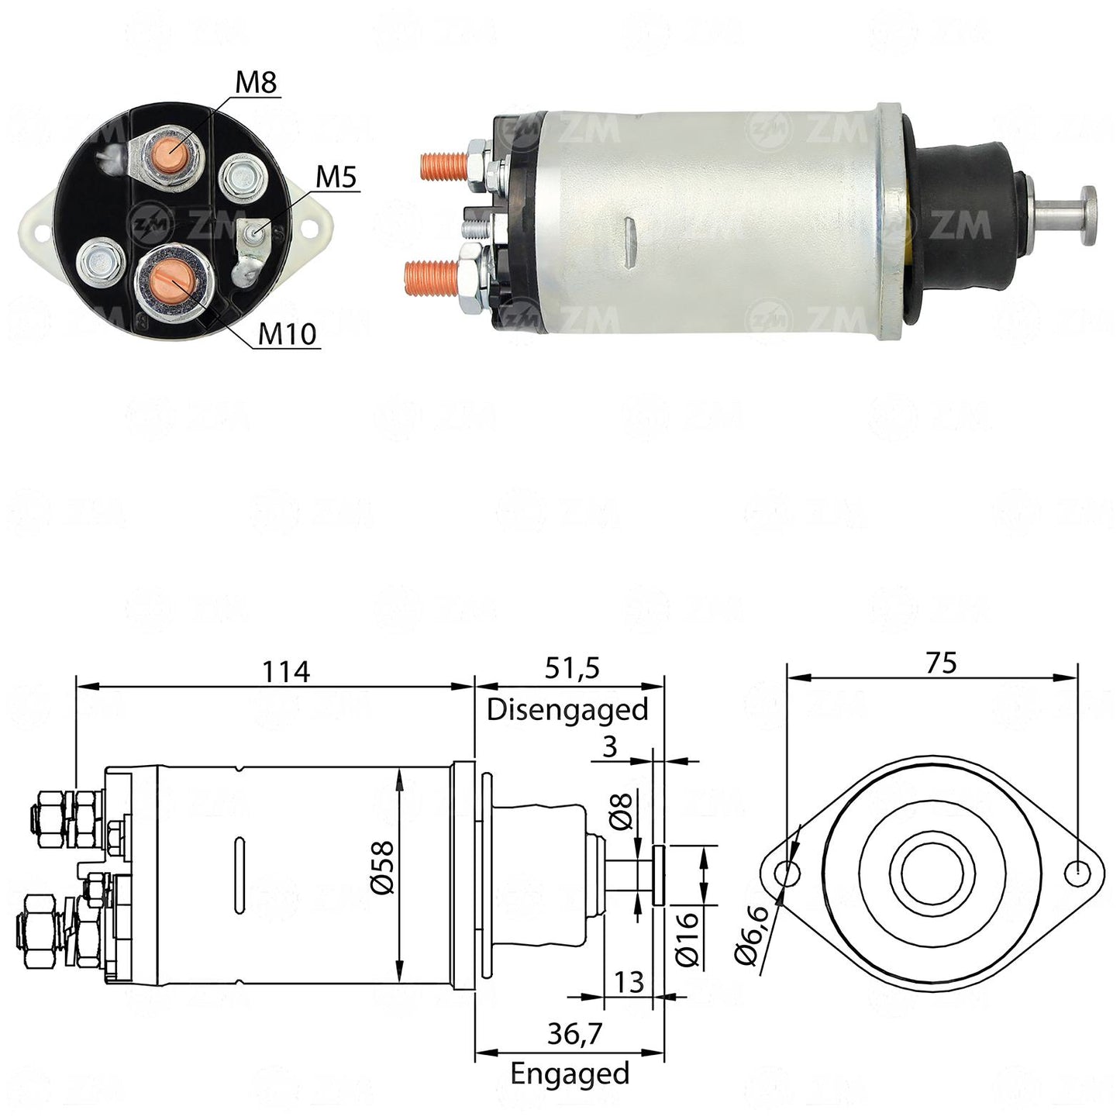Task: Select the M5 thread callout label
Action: (335, 177)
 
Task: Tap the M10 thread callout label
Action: (287, 333)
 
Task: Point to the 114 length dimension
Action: (286, 671)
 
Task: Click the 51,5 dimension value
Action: (571, 668)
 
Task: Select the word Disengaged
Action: (567, 710)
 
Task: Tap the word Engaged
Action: (570, 1056)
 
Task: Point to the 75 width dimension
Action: (942, 663)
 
